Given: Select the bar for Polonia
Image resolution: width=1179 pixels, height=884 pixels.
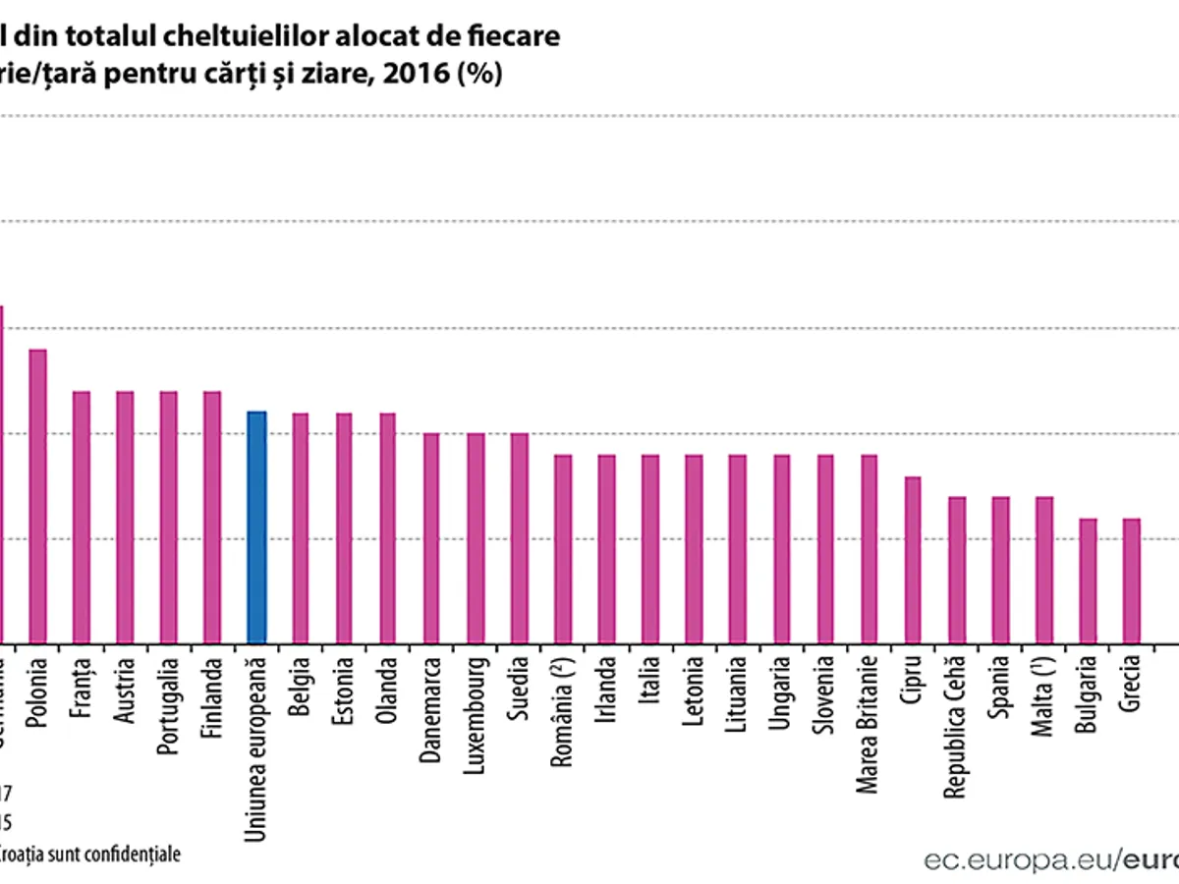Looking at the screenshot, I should (x=38, y=496).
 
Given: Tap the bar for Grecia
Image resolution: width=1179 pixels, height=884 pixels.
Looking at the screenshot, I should (x=1131, y=580).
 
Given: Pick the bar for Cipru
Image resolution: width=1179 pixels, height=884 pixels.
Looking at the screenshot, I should (x=913, y=560).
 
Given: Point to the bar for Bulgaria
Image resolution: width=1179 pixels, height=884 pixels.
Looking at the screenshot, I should (x=1088, y=580).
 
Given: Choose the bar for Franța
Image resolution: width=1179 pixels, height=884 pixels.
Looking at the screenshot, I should (x=82, y=517).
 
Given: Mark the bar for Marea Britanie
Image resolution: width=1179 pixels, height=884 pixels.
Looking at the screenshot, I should (x=870, y=549).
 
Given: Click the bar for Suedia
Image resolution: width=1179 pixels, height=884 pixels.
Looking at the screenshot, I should (x=520, y=538).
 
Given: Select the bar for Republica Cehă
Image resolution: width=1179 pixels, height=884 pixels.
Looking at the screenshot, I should (x=957, y=570).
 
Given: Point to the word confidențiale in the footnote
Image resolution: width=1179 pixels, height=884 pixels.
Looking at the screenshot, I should (x=134, y=854).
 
